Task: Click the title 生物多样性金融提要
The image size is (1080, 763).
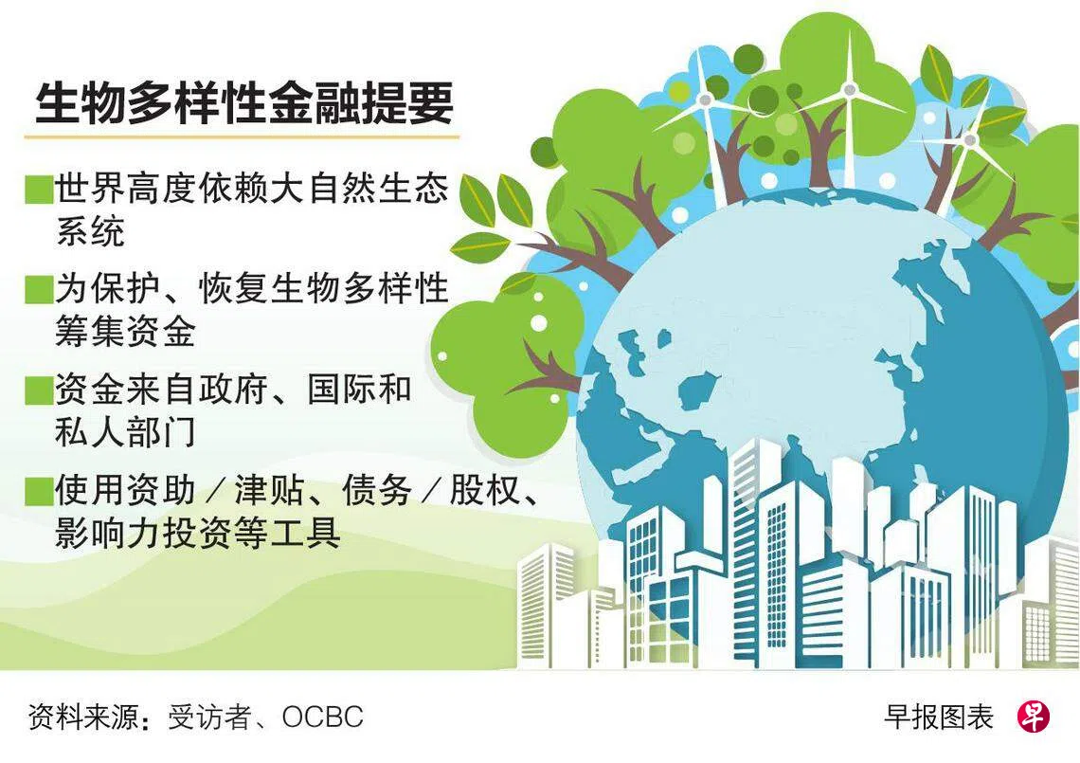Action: point(244,103)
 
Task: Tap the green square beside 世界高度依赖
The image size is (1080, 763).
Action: point(39,190)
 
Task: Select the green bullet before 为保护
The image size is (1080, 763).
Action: point(39,289)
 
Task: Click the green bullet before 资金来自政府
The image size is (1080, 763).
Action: point(39,391)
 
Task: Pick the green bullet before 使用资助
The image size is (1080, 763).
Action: point(39,491)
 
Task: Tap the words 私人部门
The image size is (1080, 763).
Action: point(125,432)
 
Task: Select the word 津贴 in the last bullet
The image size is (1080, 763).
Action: point(269,490)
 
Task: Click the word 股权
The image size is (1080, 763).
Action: point(484,490)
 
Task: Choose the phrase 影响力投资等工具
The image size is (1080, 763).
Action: point(198,532)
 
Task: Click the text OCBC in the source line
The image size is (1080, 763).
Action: point(322,718)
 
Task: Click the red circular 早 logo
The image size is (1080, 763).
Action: point(1034,717)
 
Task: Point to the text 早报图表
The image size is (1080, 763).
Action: point(939,718)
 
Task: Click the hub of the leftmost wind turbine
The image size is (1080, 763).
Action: point(705,100)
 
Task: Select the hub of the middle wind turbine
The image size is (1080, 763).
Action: point(850,89)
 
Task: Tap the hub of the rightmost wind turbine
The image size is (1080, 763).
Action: point(970,140)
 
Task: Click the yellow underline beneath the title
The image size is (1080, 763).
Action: point(242,136)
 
